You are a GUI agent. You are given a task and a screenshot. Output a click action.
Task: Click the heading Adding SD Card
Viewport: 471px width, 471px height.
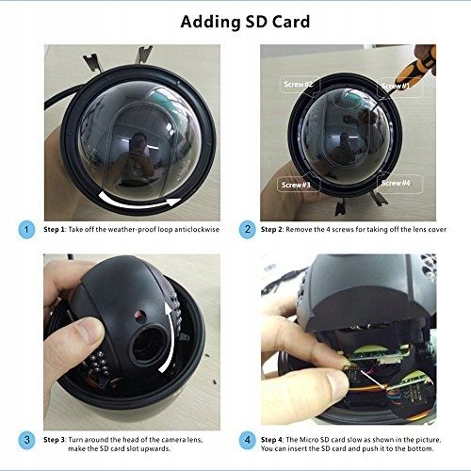coord(245,22)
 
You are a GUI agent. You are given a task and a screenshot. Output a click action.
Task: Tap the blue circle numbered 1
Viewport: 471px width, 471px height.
coord(26,230)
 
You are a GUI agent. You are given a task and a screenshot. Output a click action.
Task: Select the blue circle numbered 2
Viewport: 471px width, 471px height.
coord(248,230)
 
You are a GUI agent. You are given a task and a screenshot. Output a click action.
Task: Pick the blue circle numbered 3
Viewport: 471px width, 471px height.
coord(26,440)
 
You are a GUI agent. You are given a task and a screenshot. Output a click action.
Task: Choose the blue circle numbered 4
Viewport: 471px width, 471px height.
coord(248,440)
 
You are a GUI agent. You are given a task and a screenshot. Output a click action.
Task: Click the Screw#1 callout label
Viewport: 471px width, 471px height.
coord(399,87)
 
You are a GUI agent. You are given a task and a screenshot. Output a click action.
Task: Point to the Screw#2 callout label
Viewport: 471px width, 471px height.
coord(300,85)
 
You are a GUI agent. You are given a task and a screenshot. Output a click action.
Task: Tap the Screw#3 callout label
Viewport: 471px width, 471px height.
coord(297,185)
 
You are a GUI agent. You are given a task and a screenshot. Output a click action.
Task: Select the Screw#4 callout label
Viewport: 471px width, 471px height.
coord(399,183)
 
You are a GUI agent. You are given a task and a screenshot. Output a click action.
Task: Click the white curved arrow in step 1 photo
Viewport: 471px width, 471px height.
coord(138,203)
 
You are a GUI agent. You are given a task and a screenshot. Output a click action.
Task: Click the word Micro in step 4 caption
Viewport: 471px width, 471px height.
coord(309,440)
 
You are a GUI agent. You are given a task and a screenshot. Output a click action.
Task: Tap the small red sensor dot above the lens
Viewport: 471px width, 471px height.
coord(138,314)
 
